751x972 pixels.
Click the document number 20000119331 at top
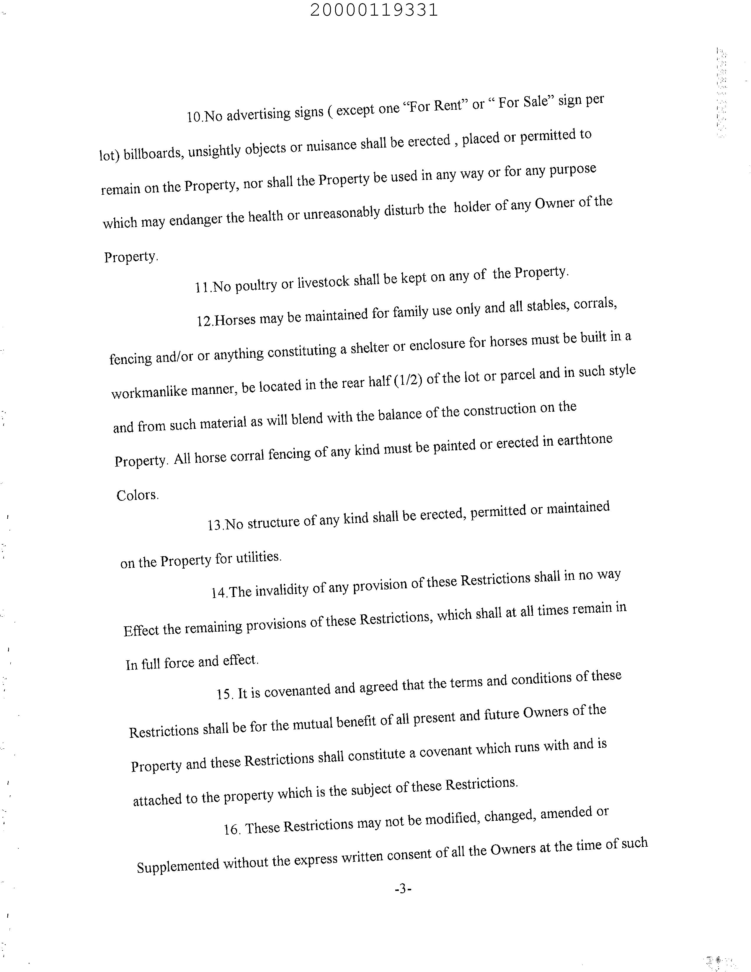tap(374, 10)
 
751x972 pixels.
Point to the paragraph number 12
tap(205, 321)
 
